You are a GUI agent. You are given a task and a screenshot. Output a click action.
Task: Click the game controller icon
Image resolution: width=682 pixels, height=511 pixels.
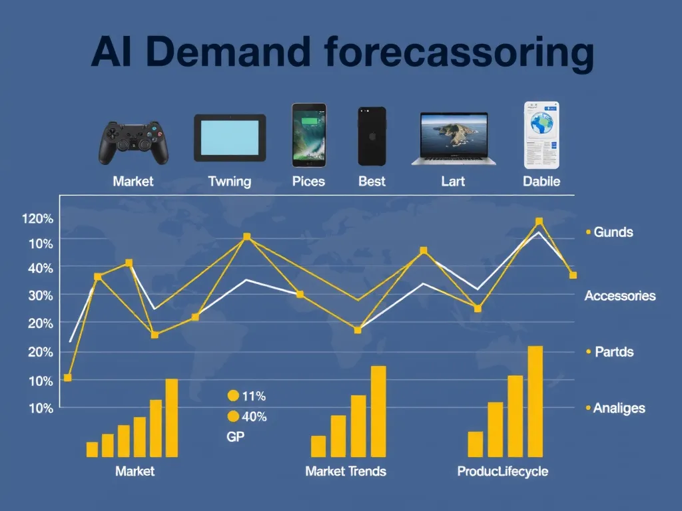pyautogui.click(x=134, y=142)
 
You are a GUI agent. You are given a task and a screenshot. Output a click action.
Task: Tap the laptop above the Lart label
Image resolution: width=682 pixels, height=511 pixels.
pyautogui.click(x=453, y=138)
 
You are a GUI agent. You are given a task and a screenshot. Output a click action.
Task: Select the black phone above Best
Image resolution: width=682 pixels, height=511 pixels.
pyautogui.click(x=372, y=136)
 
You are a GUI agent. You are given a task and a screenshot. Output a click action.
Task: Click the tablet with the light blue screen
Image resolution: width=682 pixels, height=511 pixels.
pyautogui.click(x=230, y=138)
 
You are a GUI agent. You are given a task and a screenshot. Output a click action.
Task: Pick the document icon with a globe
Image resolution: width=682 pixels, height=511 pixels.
pyautogui.click(x=541, y=135)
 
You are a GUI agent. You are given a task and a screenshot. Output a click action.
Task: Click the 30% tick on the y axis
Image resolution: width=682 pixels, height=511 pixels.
pyautogui.click(x=41, y=295)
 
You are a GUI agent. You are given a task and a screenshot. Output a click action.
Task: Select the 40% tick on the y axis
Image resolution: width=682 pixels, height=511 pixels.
pyautogui.click(x=41, y=267)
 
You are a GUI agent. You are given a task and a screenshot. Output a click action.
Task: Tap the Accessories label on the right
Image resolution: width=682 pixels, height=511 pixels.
pyautogui.click(x=619, y=295)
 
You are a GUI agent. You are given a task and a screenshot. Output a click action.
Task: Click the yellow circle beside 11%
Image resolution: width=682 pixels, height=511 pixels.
pyautogui.click(x=233, y=396)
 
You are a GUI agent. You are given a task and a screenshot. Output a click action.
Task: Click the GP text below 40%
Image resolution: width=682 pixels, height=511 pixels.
pyautogui.click(x=236, y=436)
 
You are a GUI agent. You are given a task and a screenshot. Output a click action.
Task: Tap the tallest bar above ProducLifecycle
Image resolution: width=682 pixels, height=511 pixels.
pyautogui.click(x=535, y=401)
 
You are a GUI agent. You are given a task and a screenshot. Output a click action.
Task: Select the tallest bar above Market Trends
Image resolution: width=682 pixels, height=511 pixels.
pyautogui.click(x=378, y=411)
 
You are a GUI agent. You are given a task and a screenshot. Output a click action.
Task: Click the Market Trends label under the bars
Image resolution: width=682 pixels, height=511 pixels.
pyautogui.click(x=346, y=471)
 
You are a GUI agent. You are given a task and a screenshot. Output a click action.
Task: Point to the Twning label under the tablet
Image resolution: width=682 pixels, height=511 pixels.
pyautogui.click(x=229, y=181)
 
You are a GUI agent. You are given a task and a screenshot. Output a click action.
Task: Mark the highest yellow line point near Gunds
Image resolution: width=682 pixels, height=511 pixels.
pyautogui.click(x=539, y=222)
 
